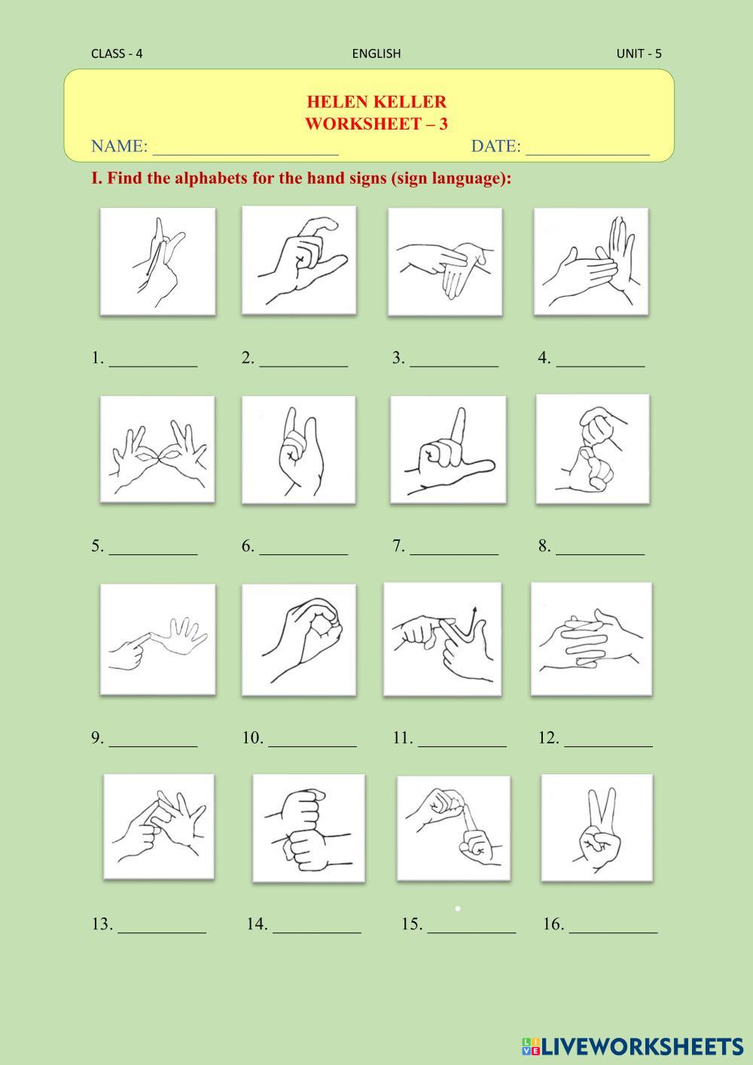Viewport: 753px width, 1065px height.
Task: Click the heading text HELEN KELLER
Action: coord(376,102)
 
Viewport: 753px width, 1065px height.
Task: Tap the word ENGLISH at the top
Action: coord(376,53)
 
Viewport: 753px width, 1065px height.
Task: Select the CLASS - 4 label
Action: coord(117,53)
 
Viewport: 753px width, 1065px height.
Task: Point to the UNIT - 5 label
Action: coord(639,53)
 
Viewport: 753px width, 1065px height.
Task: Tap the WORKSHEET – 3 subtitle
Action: coord(376,124)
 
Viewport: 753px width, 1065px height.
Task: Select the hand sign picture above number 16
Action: coord(596,827)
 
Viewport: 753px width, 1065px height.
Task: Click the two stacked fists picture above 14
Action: coord(309,828)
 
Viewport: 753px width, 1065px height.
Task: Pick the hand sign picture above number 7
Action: coord(448,450)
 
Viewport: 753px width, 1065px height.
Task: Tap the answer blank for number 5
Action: coord(153,554)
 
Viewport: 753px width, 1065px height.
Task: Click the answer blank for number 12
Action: coord(608,746)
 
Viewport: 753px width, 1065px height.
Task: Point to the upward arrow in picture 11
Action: coord(471,623)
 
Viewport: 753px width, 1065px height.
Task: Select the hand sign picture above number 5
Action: coord(157,450)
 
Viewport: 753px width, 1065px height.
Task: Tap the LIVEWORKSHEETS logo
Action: coord(633,1046)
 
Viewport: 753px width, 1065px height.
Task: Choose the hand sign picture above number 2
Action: coord(299,261)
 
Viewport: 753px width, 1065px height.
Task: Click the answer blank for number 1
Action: coord(153,366)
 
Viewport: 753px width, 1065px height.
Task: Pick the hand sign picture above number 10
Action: coord(299,640)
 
